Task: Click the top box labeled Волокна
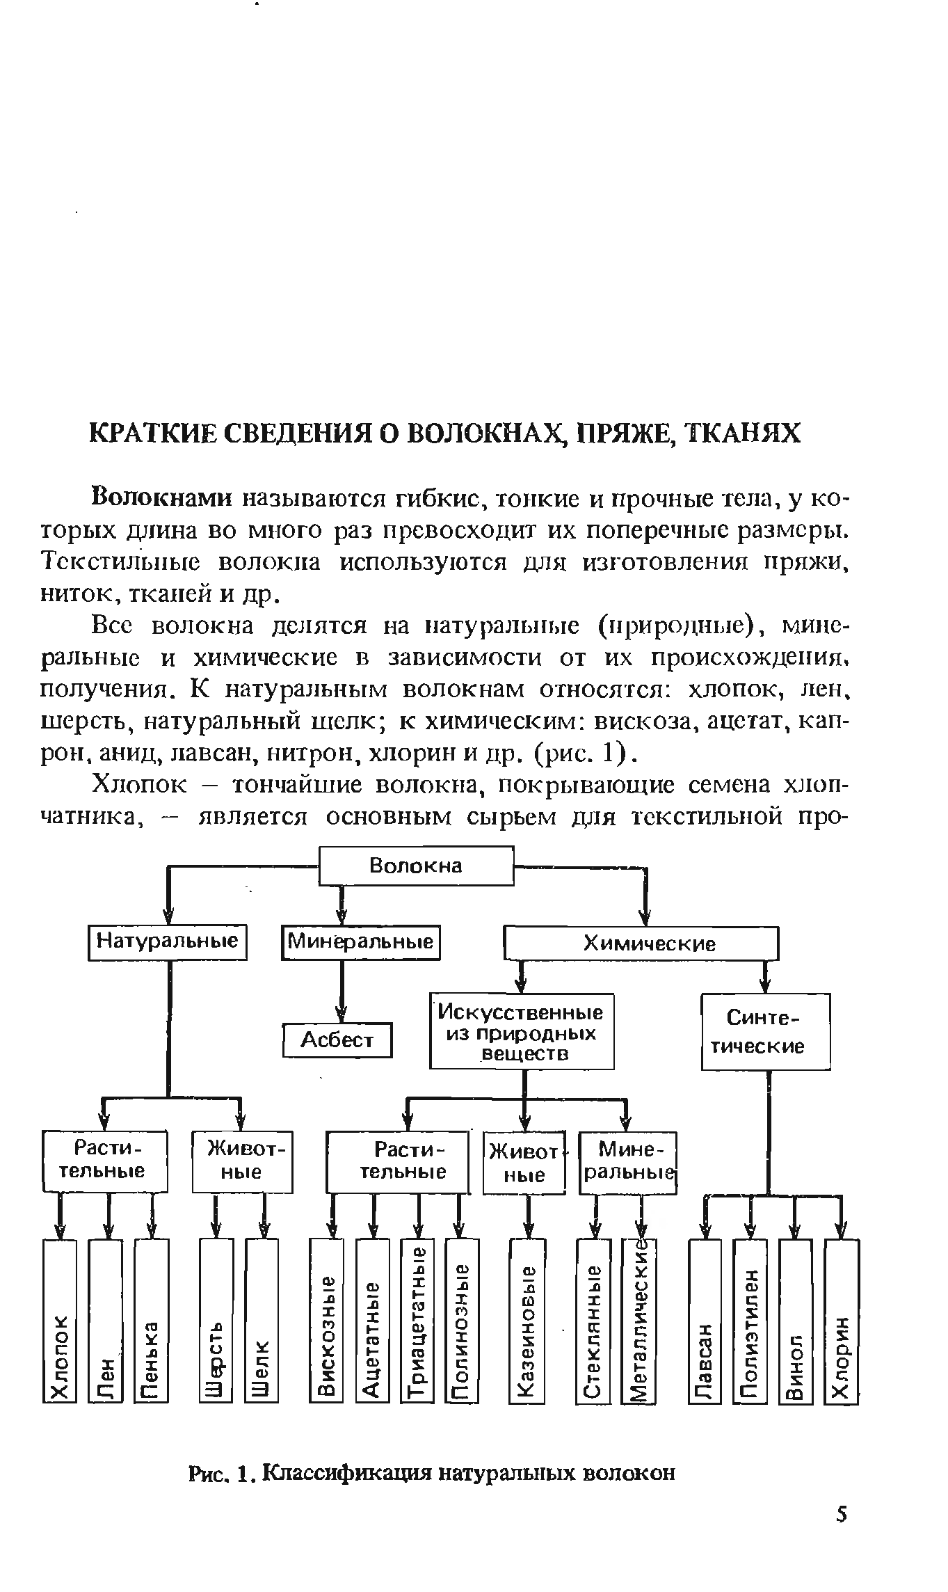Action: [415, 866]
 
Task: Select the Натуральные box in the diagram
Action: [168, 942]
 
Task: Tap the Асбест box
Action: [337, 1040]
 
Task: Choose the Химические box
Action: [640, 944]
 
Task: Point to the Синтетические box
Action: [765, 1031]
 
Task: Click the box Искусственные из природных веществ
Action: [522, 1031]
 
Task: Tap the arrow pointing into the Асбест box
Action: [341, 1013]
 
